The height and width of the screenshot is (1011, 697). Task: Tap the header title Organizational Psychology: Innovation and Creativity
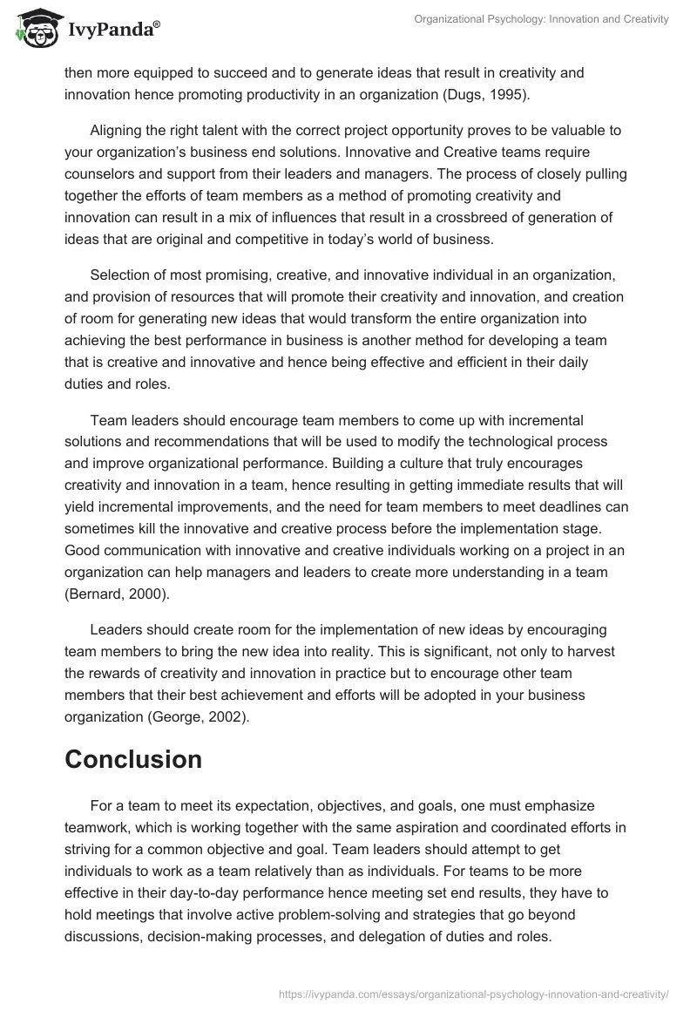coord(540,19)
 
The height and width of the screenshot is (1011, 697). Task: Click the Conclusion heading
coord(133,758)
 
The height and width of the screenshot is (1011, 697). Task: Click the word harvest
coord(606,653)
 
